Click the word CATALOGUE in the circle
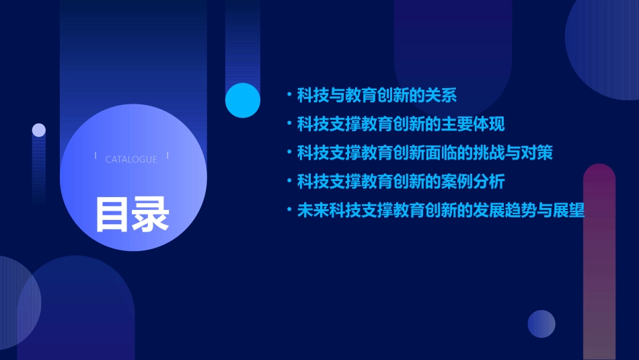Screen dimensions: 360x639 [131, 159]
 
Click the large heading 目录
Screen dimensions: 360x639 [132, 214]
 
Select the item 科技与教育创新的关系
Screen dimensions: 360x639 [377, 96]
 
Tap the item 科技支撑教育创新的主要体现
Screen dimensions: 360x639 [401, 124]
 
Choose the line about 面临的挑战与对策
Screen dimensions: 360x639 [425, 153]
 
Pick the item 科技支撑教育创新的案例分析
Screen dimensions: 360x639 [401, 182]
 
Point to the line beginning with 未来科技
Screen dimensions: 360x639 [441, 211]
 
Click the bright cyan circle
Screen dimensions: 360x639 [243, 100]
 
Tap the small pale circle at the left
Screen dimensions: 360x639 [39, 130]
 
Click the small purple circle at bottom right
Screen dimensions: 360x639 [541, 324]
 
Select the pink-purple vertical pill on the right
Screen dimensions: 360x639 [599, 262]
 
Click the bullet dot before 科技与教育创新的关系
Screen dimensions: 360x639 [289, 96]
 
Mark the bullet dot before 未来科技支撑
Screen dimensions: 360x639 [289, 211]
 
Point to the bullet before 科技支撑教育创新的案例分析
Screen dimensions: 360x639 [289, 182]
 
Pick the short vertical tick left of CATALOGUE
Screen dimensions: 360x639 [96, 156]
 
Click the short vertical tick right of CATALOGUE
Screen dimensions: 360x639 [167, 156]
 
